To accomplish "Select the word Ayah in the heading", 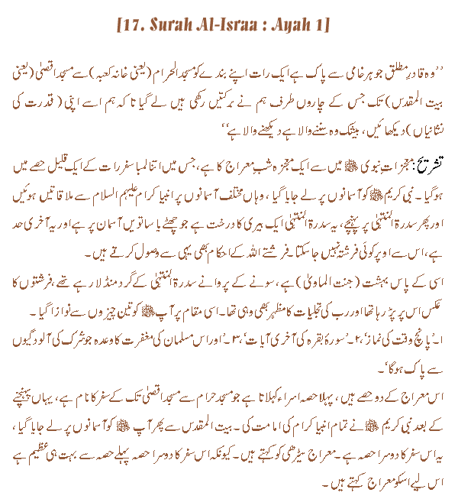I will click(x=291, y=24).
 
